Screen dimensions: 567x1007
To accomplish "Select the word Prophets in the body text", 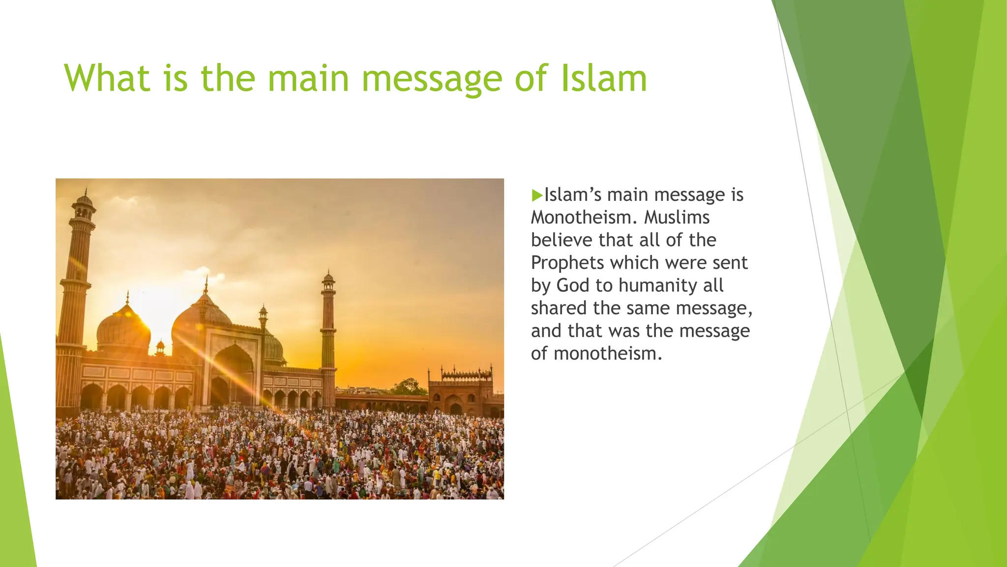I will [567, 263].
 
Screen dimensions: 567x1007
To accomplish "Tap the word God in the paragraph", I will [572, 285].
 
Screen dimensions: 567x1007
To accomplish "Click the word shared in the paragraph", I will [559, 308].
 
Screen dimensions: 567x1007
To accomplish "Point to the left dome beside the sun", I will [123, 327].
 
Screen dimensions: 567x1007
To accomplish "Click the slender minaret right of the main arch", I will [328, 335].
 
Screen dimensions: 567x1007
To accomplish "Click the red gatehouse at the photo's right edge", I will [461, 391].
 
